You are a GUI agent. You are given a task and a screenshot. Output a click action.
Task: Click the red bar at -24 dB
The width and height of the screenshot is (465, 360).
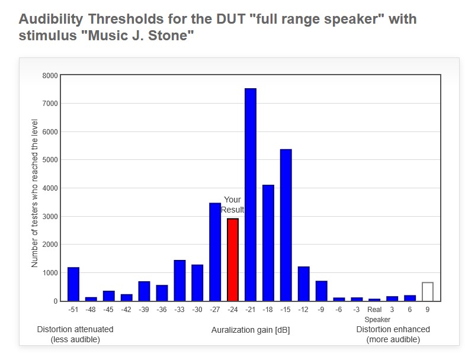coord(233,260)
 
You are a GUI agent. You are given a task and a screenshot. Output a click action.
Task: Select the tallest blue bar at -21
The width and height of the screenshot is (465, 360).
coord(251,195)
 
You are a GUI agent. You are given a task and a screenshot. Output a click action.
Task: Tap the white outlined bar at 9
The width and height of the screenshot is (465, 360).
coord(428,291)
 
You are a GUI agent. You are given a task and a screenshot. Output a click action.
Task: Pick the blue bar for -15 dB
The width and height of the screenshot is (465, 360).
coord(286,225)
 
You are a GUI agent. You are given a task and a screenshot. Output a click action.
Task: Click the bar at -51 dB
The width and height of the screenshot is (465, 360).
coord(73,284)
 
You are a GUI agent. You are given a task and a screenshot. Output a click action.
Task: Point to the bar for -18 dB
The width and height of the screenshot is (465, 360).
coord(268,243)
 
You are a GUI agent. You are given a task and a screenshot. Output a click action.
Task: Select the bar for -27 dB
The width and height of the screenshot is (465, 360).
coord(215,252)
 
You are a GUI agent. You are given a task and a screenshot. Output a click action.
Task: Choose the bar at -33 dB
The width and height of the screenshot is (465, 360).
coord(179,280)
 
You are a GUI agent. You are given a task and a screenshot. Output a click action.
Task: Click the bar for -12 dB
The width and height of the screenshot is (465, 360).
coord(304,284)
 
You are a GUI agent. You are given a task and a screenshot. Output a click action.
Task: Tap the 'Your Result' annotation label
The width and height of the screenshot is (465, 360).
coord(233,205)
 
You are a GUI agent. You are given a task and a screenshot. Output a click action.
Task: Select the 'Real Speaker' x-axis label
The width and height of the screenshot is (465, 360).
coord(374,314)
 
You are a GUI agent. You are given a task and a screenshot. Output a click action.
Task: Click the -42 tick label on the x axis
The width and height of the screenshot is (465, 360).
coord(126,309)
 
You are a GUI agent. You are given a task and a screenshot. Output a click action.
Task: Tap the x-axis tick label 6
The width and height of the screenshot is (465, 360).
coord(410,309)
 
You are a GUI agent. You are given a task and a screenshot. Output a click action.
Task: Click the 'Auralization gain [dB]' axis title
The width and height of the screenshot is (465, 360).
coord(251,330)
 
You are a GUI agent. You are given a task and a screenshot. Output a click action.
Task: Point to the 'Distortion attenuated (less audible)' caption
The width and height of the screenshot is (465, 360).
coord(75,334)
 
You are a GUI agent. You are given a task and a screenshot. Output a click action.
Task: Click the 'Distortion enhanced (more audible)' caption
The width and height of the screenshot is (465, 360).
coord(393,334)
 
